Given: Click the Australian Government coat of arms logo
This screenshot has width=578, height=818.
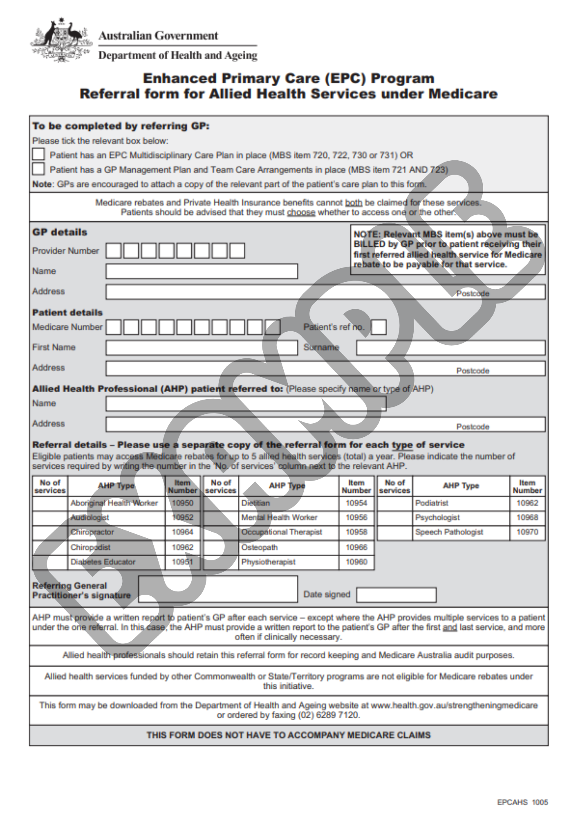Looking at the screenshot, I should coord(61,40).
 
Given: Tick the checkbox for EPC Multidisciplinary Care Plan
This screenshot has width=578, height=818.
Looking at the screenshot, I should coord(38,154).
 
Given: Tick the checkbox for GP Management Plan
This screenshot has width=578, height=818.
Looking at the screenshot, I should coord(38,169).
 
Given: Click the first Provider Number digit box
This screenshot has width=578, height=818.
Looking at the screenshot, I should coord(113,251).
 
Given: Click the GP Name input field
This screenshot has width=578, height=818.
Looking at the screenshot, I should coord(202,271).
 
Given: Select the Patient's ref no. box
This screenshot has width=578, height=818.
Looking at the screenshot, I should coord(379,327).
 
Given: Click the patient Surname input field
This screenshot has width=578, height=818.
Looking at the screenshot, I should coord(450,348).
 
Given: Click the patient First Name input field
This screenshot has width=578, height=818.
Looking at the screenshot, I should coord(202,348).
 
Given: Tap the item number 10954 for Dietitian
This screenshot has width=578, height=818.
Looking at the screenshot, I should coord(356,503).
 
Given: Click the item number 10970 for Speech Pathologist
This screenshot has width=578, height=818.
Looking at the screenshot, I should coord(527,533).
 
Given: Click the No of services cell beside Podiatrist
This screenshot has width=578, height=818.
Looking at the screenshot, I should coord(394,503).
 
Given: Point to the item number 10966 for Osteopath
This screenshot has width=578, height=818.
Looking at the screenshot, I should coord(356,547).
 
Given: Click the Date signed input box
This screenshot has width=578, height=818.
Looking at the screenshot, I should coord(396,595).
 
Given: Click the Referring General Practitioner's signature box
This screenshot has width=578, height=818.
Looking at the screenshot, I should coord(218,589).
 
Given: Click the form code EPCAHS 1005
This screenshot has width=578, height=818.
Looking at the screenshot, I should coord(522,802).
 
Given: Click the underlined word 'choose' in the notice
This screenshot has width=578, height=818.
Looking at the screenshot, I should coord(301,213).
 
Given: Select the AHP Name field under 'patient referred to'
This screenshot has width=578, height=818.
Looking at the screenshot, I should coord(246,404).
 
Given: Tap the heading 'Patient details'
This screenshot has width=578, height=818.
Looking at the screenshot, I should coord(67,312).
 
